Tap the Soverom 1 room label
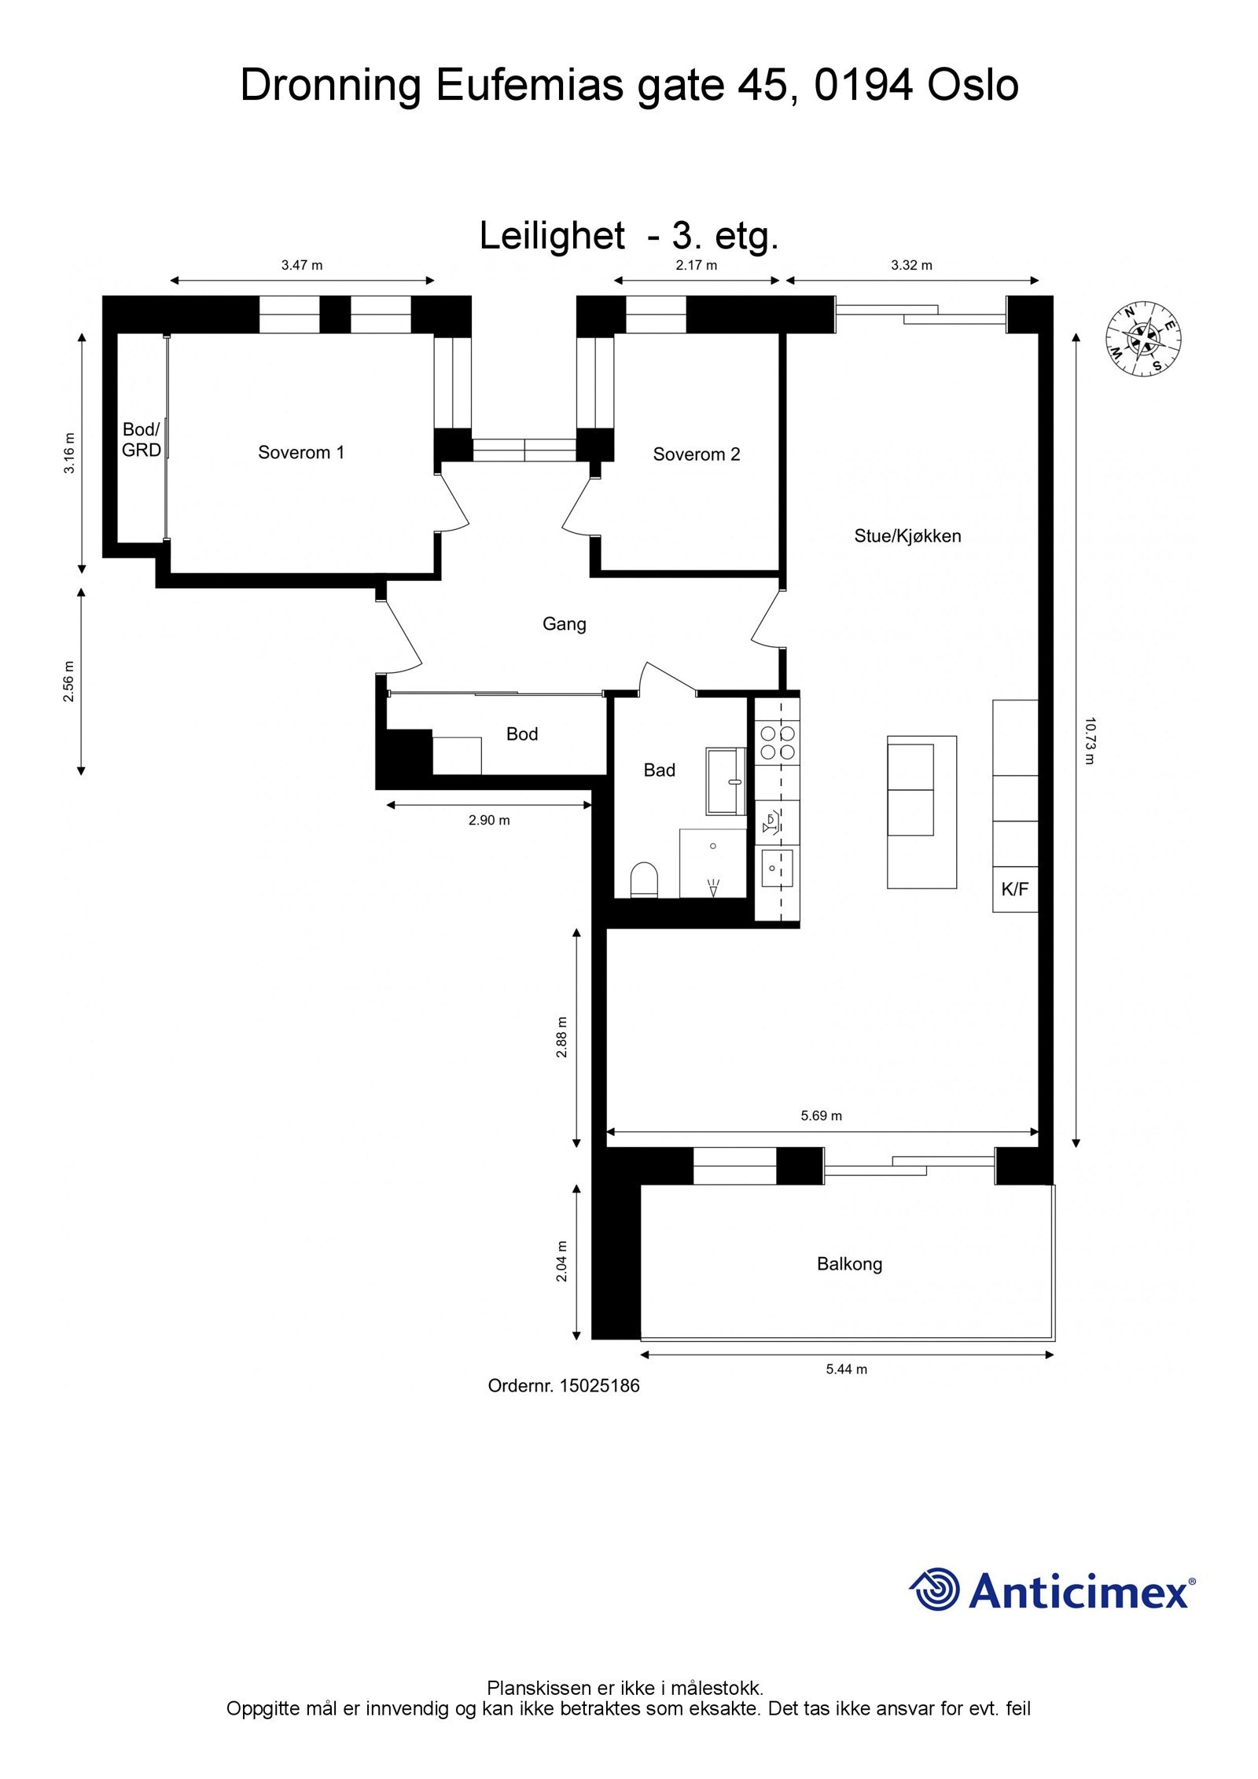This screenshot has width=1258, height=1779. click(301, 452)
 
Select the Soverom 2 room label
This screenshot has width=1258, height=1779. click(696, 454)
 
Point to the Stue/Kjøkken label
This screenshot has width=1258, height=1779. click(907, 536)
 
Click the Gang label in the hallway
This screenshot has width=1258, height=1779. click(564, 624)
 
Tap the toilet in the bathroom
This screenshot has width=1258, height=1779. click(644, 880)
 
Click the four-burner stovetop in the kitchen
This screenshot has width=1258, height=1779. click(778, 741)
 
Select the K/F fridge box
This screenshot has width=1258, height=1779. click(1014, 889)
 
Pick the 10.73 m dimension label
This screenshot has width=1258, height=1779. click(1089, 740)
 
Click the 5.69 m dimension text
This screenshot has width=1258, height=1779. click(821, 1116)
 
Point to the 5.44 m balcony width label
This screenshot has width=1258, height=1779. click(846, 1369)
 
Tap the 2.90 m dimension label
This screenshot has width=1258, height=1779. click(489, 820)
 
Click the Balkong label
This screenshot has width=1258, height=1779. click(849, 1264)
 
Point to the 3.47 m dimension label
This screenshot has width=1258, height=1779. click(302, 265)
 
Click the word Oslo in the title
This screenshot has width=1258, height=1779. click(973, 86)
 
